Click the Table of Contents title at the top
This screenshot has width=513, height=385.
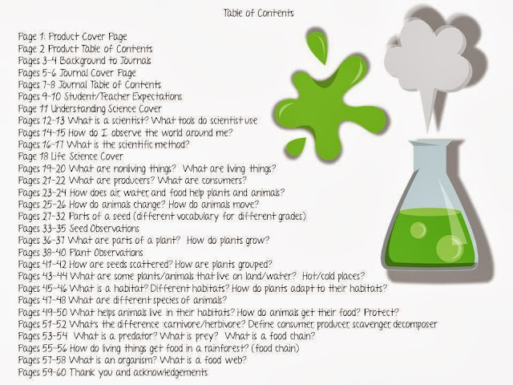[258, 13]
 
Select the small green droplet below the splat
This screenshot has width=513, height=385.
[296, 146]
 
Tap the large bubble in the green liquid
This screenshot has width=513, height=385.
[449, 248]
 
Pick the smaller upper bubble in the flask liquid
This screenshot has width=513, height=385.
[418, 230]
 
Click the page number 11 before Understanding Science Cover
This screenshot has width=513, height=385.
[45, 109]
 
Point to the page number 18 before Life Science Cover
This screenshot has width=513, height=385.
[44, 156]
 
